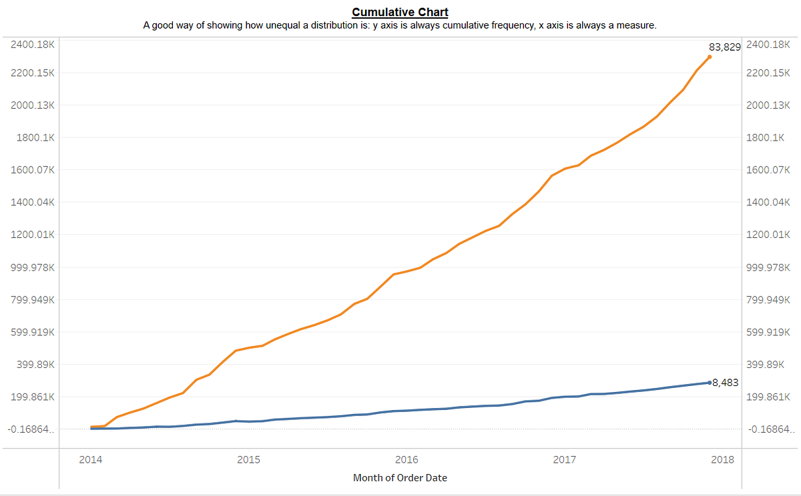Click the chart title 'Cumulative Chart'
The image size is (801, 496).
tap(400, 12)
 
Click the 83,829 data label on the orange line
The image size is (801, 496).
tap(724, 47)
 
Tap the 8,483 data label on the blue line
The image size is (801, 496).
tap(725, 383)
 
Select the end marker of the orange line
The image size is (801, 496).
tap(709, 57)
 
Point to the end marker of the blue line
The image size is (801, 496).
tap(709, 383)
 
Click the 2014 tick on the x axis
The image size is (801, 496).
tap(91, 460)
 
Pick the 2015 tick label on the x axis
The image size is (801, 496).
tap(249, 460)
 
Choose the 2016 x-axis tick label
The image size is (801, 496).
tap(407, 460)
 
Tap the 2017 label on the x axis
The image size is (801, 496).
tap(565, 460)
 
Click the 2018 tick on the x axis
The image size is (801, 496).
tap(722, 460)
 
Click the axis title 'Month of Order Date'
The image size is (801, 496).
tap(400, 478)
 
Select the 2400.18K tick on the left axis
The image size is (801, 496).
tap(32, 45)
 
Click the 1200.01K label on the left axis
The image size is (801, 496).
tap(32, 235)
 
